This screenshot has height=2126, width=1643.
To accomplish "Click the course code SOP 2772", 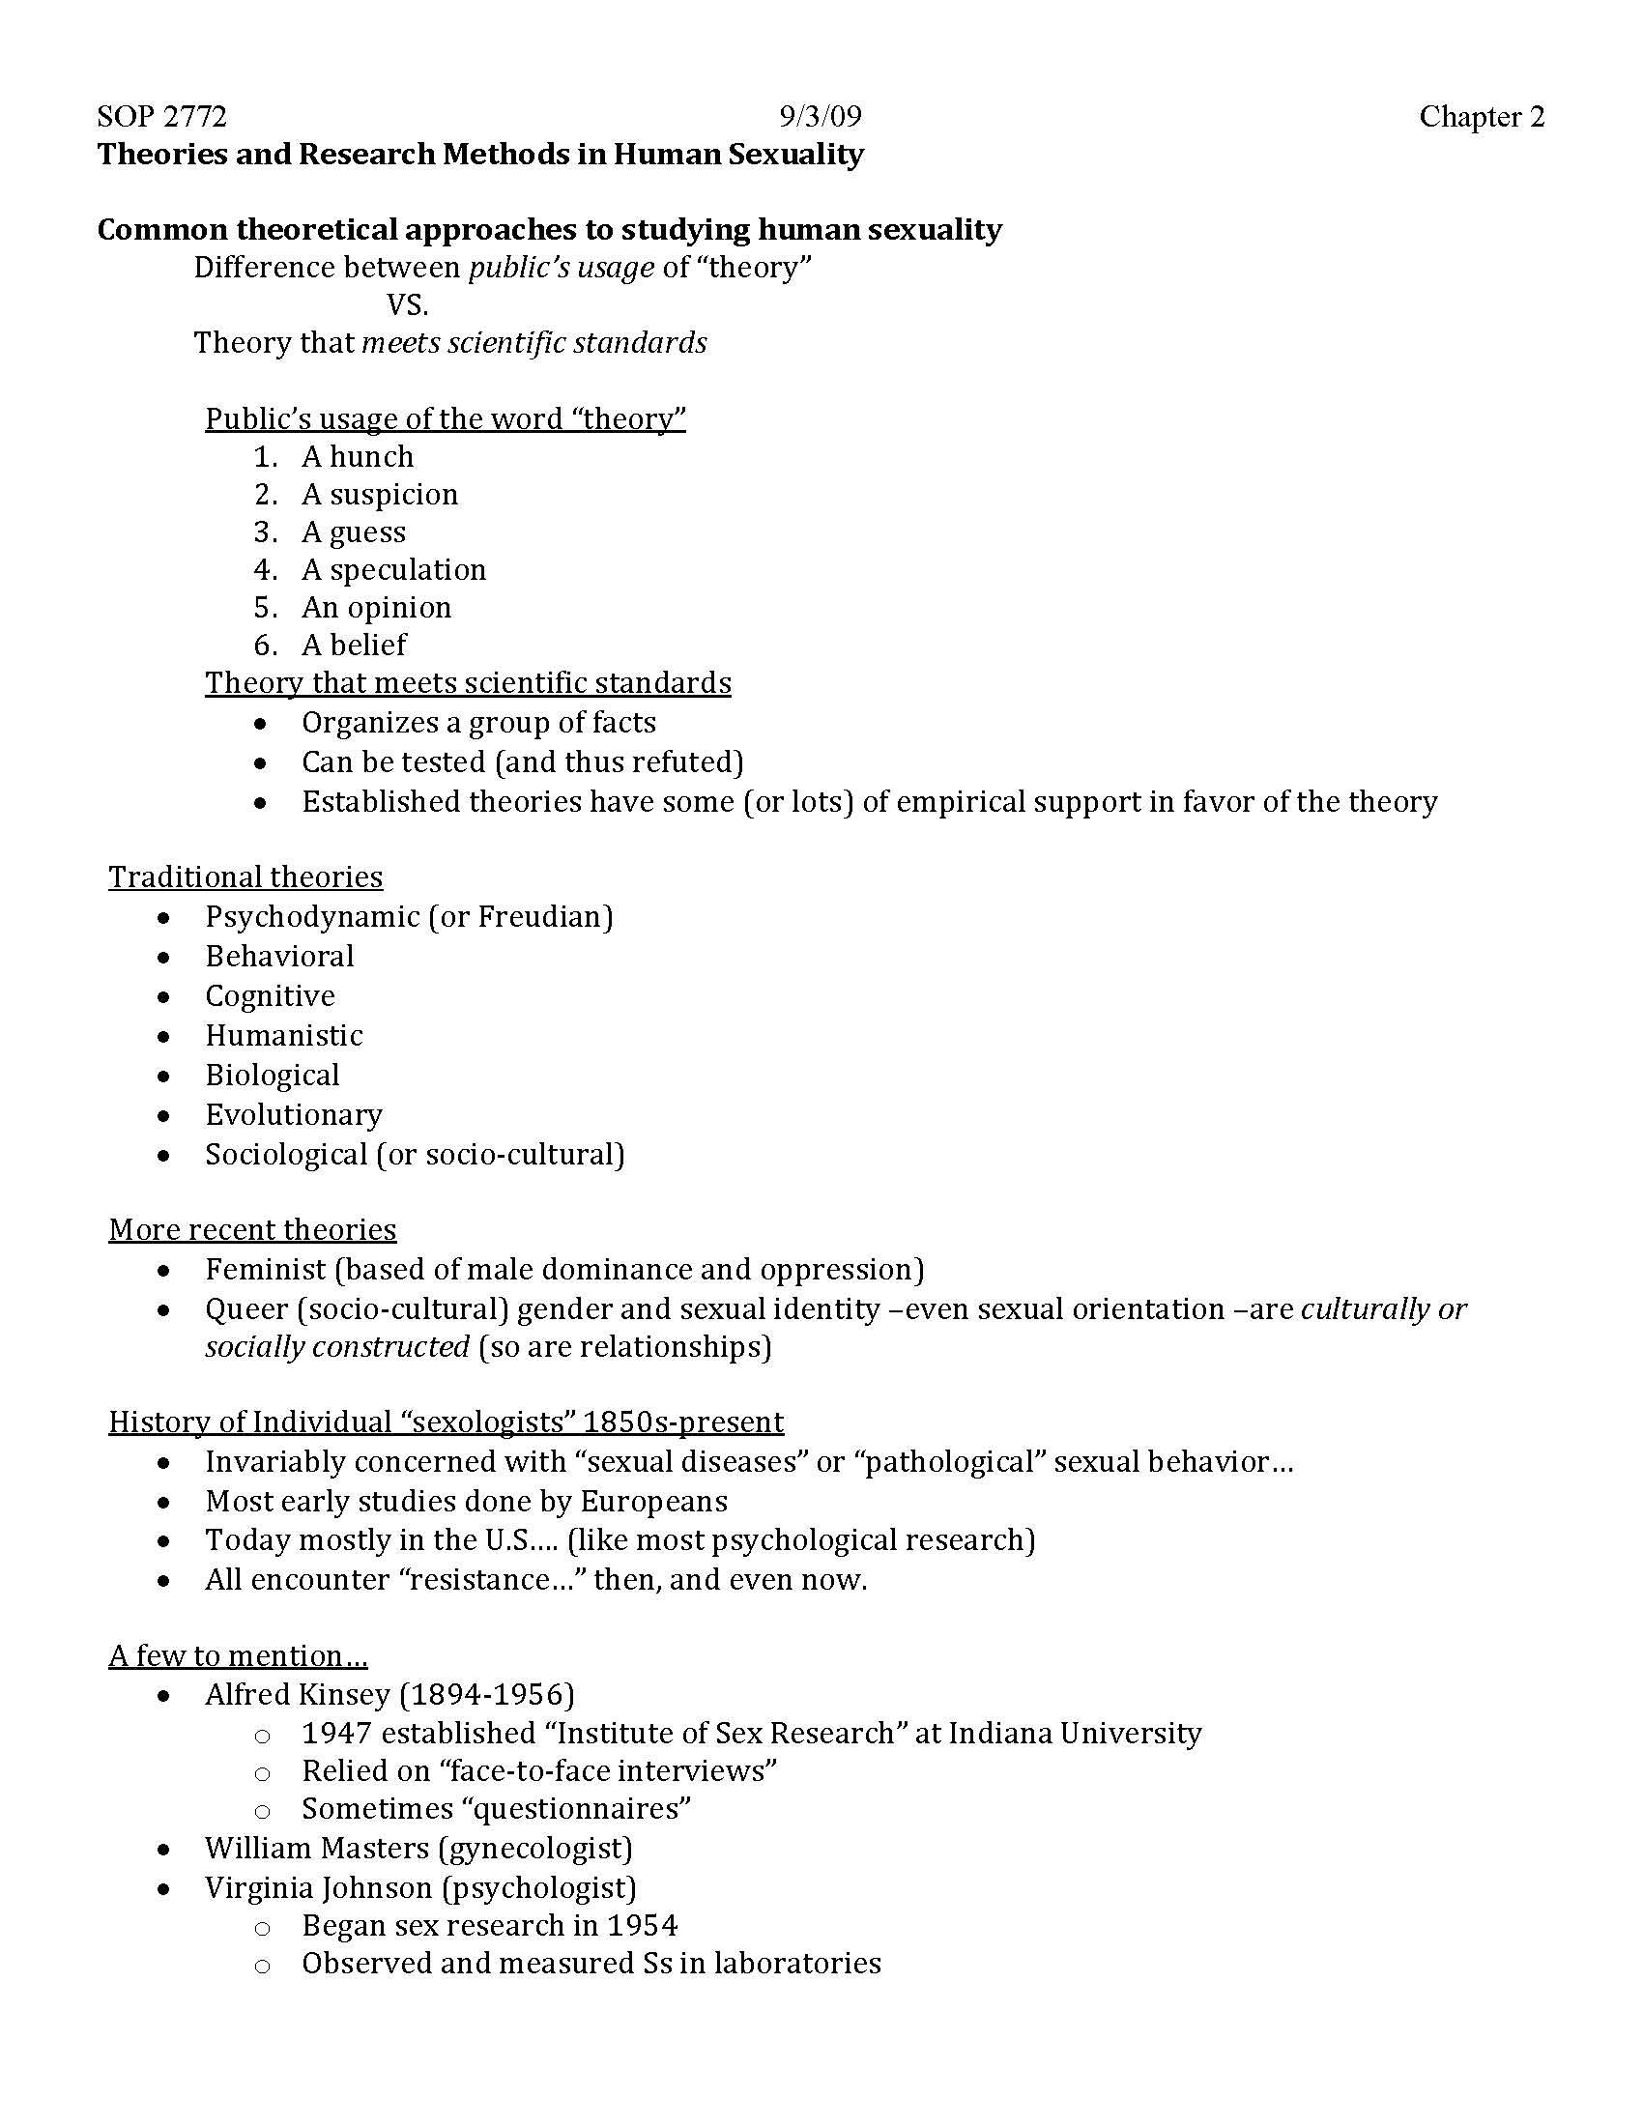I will point(161,117).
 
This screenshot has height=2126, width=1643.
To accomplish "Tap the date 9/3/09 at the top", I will point(820,117).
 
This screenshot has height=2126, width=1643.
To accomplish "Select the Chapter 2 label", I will point(1481,117).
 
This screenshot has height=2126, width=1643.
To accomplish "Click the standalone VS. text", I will point(407,305).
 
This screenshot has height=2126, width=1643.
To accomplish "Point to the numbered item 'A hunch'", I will point(358,456).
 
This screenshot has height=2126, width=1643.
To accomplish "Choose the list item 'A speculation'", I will point(393,569).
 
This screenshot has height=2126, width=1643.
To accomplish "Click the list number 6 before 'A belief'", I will point(265,645).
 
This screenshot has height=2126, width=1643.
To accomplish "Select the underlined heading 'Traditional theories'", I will point(245,877).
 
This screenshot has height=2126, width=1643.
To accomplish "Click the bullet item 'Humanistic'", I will point(283,1035).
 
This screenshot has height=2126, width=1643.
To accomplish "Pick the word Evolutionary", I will point(293,1114).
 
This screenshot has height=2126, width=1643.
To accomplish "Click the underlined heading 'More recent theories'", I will point(252,1229).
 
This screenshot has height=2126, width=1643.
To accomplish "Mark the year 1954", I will point(642,1925).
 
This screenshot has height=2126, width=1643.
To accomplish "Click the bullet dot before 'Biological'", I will point(164,1077).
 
